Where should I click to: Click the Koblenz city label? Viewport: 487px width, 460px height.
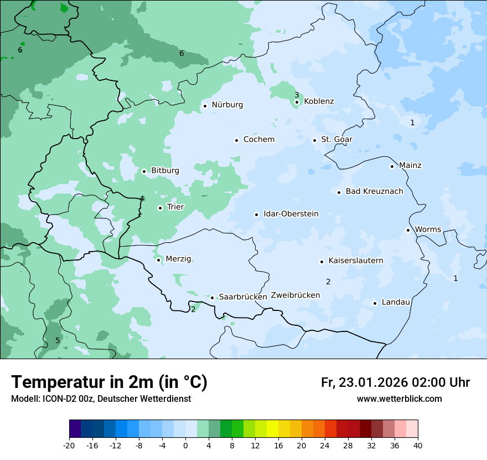coord(319,101)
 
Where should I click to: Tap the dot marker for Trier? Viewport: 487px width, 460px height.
coord(160,208)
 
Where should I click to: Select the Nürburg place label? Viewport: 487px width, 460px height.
coord(227,105)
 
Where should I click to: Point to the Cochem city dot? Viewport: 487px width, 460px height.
coord(236,140)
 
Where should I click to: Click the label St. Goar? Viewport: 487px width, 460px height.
coord(336,140)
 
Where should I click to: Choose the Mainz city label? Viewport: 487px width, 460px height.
coord(410,166)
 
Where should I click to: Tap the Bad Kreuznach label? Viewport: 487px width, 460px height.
coord(374,192)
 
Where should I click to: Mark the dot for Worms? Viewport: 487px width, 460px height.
coord(408,230)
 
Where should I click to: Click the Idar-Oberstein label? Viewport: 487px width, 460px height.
coord(291,214)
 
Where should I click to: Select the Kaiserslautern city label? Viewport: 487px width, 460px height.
coord(355,260)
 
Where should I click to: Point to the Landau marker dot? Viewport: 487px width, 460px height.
coord(375,303)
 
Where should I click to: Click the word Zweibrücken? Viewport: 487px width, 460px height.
coord(295,295)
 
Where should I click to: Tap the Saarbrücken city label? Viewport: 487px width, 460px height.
coord(243,297)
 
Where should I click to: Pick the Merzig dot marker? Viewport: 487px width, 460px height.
coord(158,260)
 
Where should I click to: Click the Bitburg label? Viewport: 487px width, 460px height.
coord(165,171)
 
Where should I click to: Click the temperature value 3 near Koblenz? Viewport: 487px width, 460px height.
coord(297,95)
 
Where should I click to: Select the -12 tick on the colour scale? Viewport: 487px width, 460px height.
coord(115,446)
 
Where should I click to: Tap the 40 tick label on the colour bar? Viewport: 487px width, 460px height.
coord(417,446)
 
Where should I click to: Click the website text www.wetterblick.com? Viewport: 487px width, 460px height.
coord(399,399)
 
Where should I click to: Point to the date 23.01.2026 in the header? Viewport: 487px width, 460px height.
coord(374,382)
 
